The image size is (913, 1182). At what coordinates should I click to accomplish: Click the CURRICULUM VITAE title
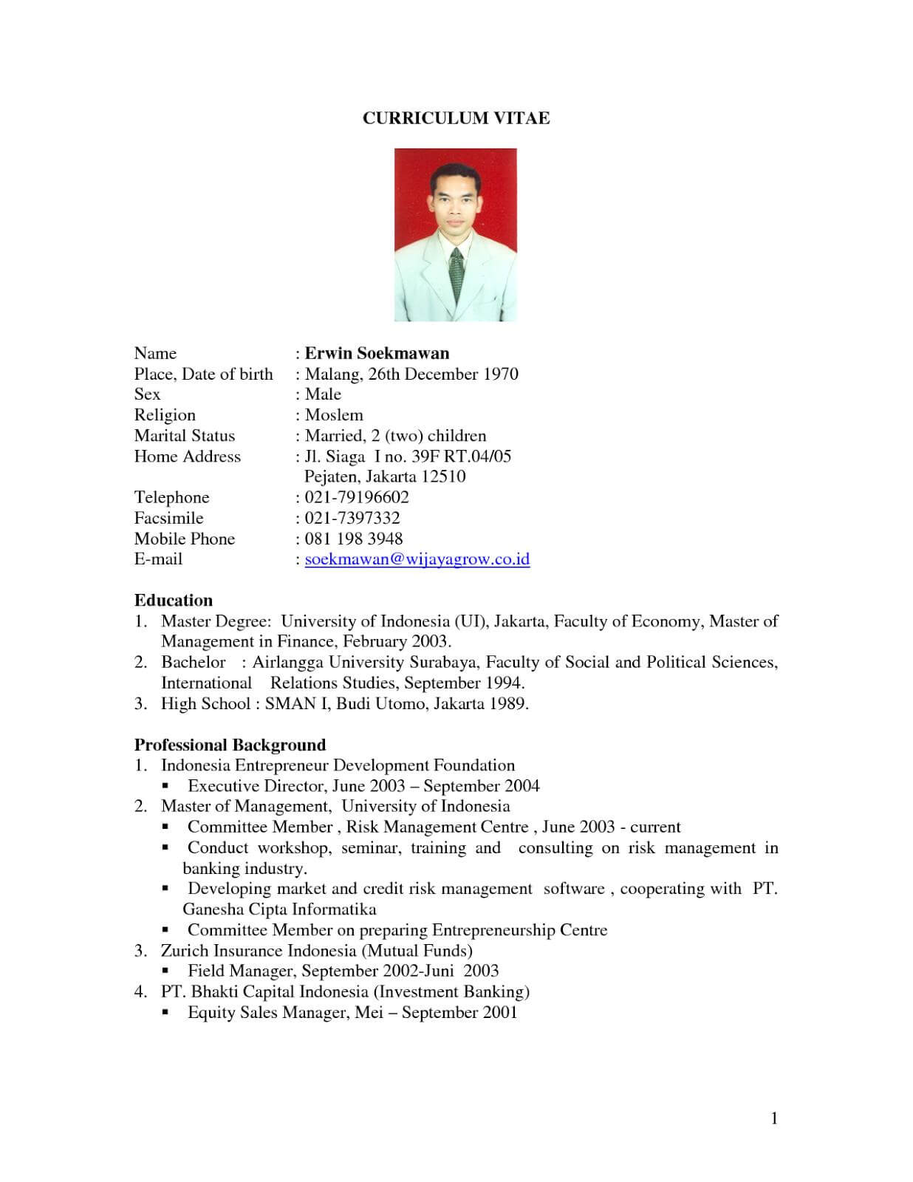tap(456, 119)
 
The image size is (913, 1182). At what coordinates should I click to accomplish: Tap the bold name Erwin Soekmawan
tap(377, 353)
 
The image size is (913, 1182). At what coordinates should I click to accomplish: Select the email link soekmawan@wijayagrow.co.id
tap(417, 559)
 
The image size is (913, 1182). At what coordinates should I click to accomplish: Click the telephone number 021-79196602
tap(357, 497)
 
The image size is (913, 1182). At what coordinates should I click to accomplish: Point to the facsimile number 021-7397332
tap(352, 518)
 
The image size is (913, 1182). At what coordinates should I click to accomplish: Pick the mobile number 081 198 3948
tap(354, 539)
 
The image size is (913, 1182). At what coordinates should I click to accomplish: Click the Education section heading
tap(174, 601)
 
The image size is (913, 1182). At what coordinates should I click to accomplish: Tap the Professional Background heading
tap(230, 745)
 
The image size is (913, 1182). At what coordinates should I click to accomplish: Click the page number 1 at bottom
tap(774, 1118)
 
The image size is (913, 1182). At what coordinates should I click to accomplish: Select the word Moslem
tap(334, 415)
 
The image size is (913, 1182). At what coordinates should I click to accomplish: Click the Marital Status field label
tap(185, 436)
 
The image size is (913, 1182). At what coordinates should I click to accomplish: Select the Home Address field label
tap(188, 457)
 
